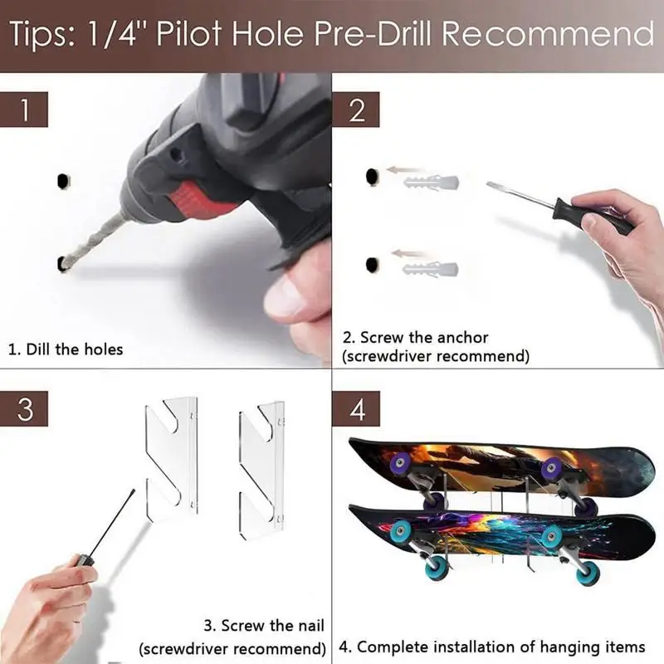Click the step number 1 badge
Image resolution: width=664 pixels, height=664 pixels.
tap(24, 110)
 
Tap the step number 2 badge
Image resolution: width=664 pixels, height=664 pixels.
tap(356, 110)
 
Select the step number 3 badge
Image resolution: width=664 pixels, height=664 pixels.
tap(24, 408)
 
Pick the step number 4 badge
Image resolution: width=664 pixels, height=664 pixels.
tap(356, 408)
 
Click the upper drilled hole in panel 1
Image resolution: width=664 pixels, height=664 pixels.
tap(63, 181)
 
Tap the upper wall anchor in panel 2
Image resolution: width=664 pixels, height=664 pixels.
tap(431, 183)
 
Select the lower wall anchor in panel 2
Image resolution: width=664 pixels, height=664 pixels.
tap(430, 269)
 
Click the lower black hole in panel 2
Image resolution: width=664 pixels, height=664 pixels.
tap(372, 265)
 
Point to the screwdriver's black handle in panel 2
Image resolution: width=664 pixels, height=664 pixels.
tap(593, 216)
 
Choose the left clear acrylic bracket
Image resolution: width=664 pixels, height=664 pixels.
tap(172, 459)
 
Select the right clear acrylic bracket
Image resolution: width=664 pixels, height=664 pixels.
tap(261, 470)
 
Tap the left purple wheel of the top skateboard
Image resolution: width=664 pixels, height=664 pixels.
tap(401, 461)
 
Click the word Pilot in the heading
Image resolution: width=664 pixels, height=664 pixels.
tap(188, 33)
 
